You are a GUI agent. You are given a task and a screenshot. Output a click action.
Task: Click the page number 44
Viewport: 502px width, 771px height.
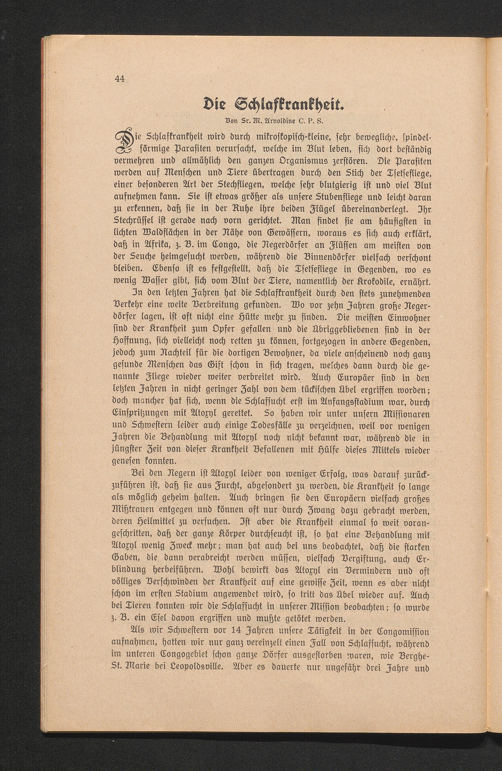point(120,79)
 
